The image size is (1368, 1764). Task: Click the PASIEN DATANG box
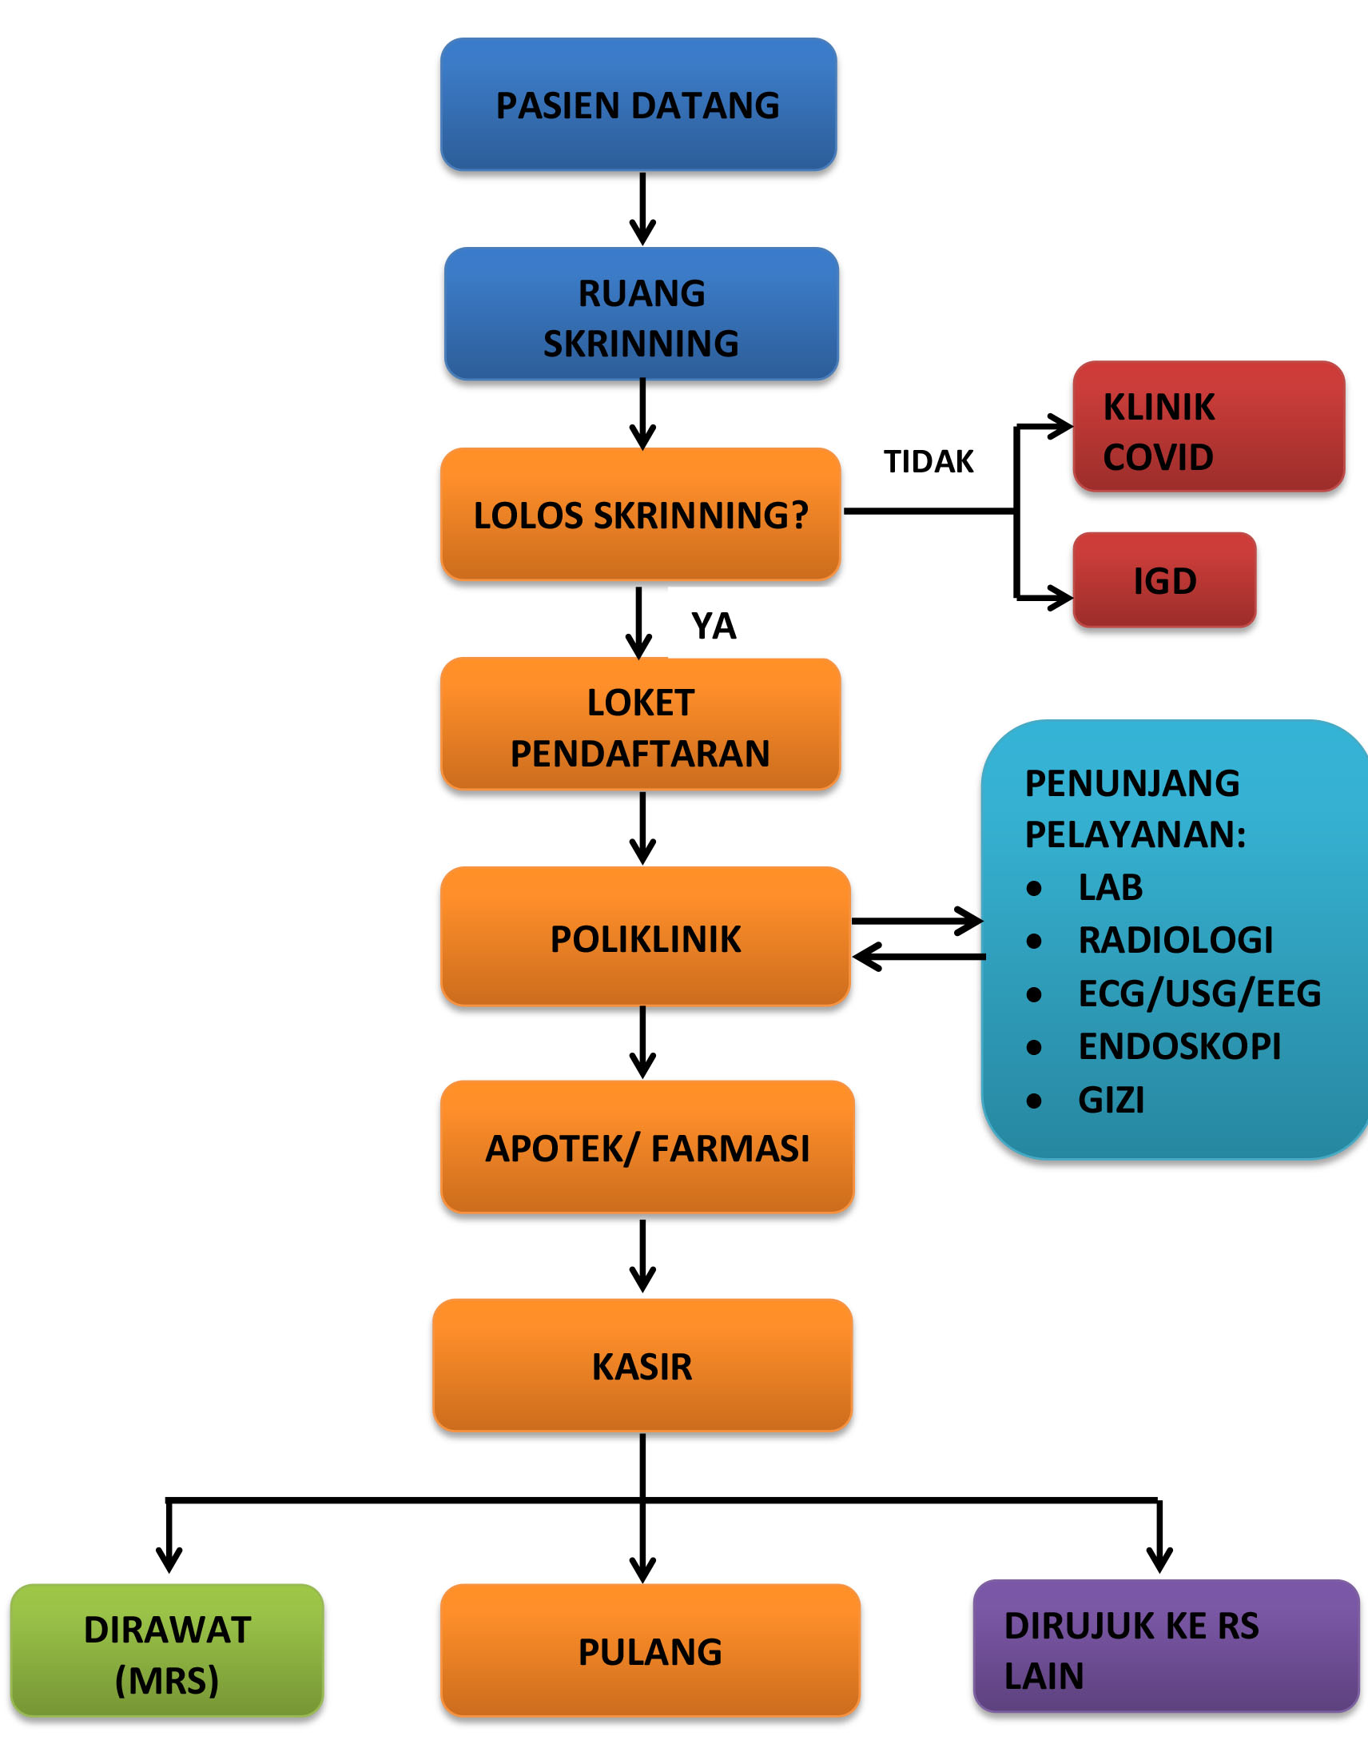pyautogui.click(x=638, y=104)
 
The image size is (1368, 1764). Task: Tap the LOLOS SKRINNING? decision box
pyautogui.click(x=640, y=515)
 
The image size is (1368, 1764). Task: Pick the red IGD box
pyautogui.click(x=1163, y=580)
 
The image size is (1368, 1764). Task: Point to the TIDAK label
pyautogui.click(x=928, y=461)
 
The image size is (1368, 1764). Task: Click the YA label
pyautogui.click(x=713, y=626)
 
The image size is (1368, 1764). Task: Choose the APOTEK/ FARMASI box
pyautogui.click(x=647, y=1148)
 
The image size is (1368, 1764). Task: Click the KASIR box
pyautogui.click(x=642, y=1366)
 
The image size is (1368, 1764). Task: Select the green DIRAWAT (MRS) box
pyautogui.click(x=167, y=1654)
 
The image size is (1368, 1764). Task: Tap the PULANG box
pyautogui.click(x=650, y=1652)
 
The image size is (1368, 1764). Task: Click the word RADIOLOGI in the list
pyautogui.click(x=1175, y=939)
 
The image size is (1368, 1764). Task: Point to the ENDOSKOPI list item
pyautogui.click(x=1179, y=1046)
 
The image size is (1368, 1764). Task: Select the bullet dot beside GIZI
pyautogui.click(x=1034, y=1101)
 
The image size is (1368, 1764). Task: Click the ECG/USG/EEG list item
pyautogui.click(x=1199, y=993)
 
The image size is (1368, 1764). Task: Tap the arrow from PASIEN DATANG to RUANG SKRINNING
pyautogui.click(x=642, y=209)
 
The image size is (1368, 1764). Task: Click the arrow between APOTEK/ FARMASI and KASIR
pyautogui.click(x=642, y=1256)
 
